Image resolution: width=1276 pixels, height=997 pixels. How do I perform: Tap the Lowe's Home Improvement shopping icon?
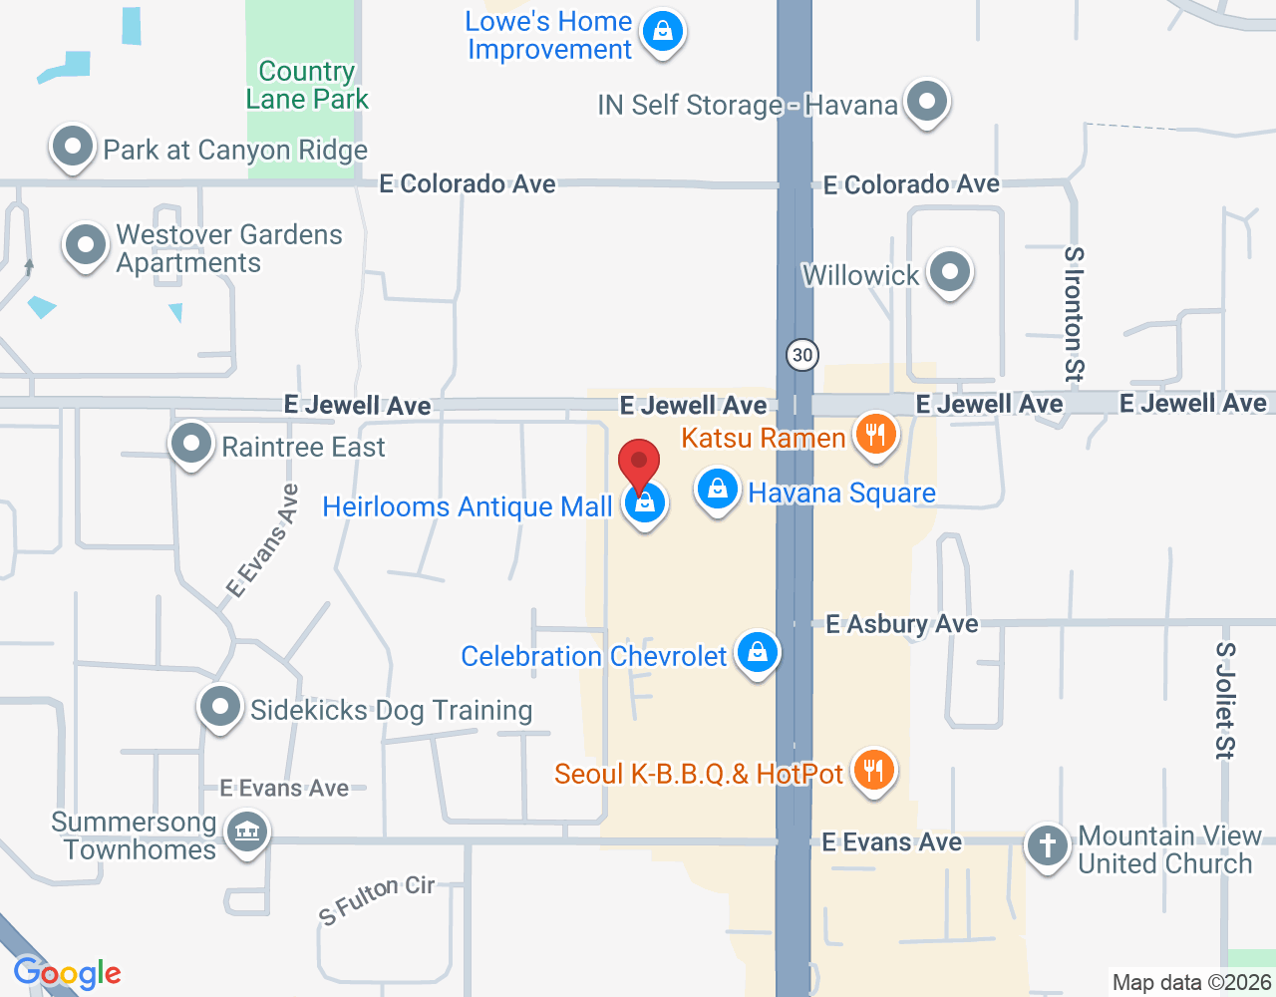coord(663,32)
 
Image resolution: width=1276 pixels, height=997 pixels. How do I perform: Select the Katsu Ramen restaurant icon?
coord(875,435)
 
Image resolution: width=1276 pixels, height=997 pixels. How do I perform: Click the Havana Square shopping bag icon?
coord(717,490)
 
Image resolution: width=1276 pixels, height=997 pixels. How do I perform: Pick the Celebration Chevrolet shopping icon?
coord(758,653)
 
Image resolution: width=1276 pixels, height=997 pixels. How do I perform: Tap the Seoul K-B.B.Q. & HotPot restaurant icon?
coord(873,771)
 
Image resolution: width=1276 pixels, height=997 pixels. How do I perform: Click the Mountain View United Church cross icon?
coord(1047,845)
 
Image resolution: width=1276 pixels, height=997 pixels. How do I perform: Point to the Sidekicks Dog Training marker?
coord(220,707)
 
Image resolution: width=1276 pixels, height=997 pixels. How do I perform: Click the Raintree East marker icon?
coord(190,444)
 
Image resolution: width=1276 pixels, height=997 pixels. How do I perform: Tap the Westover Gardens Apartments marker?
coord(85,245)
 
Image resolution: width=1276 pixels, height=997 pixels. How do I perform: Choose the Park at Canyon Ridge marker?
coord(72,148)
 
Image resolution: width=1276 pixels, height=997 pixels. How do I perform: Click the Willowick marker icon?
coord(949,271)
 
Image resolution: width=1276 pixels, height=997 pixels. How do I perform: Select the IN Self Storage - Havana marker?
coord(927,102)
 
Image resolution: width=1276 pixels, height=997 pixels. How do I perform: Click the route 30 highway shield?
coord(801,355)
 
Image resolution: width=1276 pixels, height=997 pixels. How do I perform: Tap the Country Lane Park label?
coord(307,86)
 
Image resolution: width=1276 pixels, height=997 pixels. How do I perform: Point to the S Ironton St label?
coord(1074,314)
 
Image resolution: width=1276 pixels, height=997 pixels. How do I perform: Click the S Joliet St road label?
coord(1225,700)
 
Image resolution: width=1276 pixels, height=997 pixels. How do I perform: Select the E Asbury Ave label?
coord(902,624)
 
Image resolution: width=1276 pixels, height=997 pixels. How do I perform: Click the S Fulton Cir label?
coord(377,898)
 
